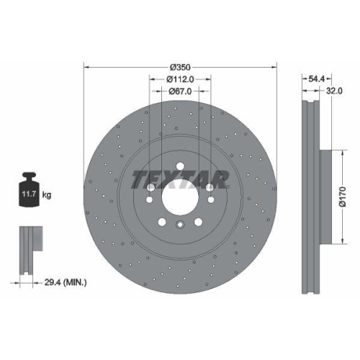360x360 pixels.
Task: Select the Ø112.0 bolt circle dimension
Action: [x=181, y=78]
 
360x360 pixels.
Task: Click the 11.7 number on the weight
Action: [x=30, y=194]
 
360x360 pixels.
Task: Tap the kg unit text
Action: [x=48, y=195]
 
